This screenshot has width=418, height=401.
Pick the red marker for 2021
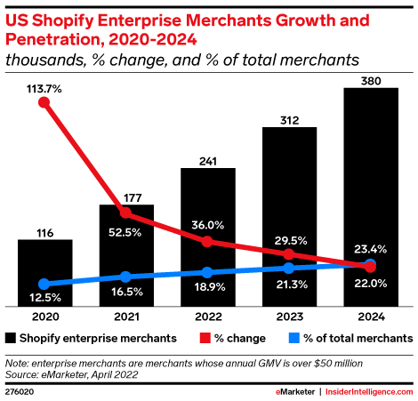tap(125, 213)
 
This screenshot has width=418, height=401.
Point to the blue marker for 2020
tap(44, 284)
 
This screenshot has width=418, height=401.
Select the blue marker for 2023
tap(289, 268)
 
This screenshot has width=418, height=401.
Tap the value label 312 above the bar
tap(289, 117)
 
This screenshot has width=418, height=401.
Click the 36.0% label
tap(207, 224)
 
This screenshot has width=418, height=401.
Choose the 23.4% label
tap(370, 249)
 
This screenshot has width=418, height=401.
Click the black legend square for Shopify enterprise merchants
tap(10, 339)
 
